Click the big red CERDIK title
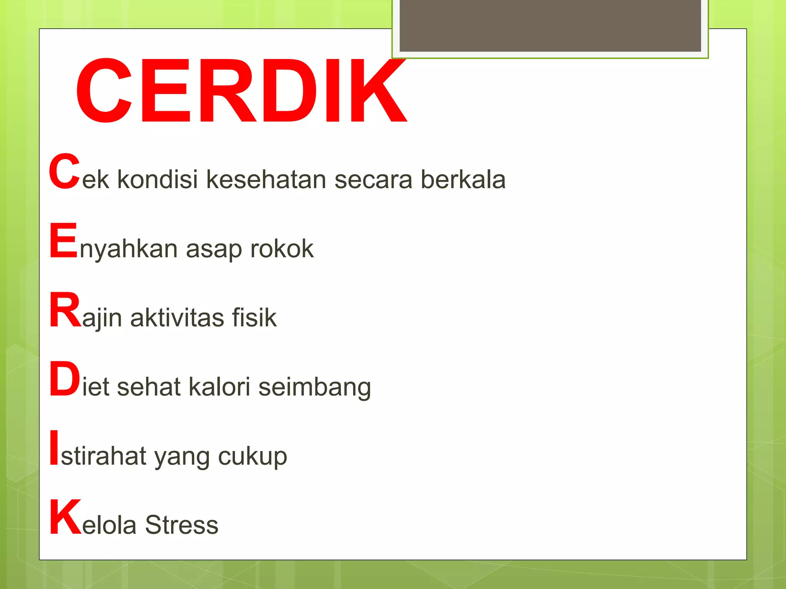241,91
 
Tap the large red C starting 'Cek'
64,171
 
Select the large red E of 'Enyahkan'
63,240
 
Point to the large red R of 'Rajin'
65,309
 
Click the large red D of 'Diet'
64,379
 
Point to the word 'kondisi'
157,179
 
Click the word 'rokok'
282,248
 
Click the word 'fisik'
254,317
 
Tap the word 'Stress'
182,525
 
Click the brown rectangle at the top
550,25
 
